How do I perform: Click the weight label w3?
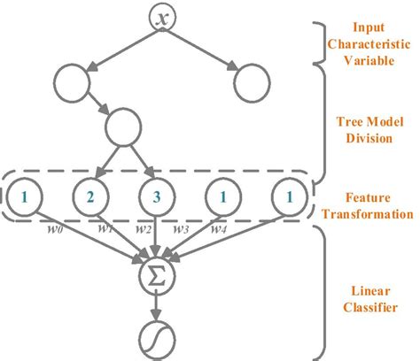pos(182,231)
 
